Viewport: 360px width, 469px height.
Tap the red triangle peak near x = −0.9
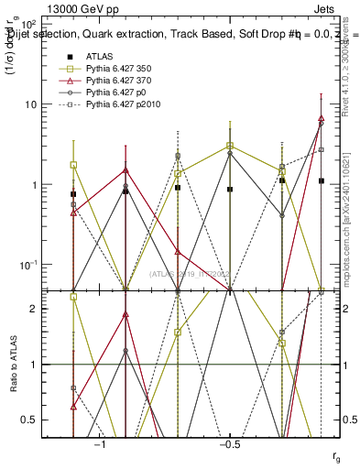[125, 169]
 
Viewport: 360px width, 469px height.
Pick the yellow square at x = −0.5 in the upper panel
[230, 146]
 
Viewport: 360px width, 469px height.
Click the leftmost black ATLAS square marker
[73, 194]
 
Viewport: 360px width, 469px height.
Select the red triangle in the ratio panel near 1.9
[125, 314]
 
